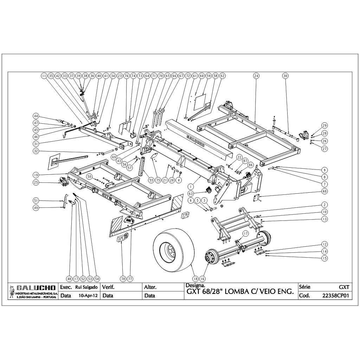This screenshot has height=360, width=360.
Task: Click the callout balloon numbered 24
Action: pyautogui.click(x=256, y=76)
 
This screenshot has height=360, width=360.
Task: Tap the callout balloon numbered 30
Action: pyautogui.click(x=285, y=76)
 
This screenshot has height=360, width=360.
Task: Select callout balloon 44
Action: pyautogui.click(x=36, y=116)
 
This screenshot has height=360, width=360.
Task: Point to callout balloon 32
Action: pyautogui.click(x=36, y=151)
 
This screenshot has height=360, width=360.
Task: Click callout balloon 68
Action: pyautogui.click(x=324, y=191)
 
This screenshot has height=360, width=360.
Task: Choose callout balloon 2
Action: pyautogui.click(x=324, y=205)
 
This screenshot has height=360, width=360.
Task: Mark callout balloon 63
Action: pyautogui.click(x=191, y=193)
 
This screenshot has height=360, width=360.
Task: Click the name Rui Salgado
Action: pyautogui.click(x=86, y=287)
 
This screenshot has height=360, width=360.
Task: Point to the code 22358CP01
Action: pyautogui.click(x=336, y=296)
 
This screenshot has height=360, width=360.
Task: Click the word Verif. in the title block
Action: pyautogui.click(x=108, y=287)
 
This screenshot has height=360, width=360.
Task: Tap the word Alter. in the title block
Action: pyautogui.click(x=150, y=287)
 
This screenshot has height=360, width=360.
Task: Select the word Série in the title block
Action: pyautogui.click(x=304, y=287)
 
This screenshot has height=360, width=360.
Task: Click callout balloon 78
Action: pyautogui.click(x=123, y=278)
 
